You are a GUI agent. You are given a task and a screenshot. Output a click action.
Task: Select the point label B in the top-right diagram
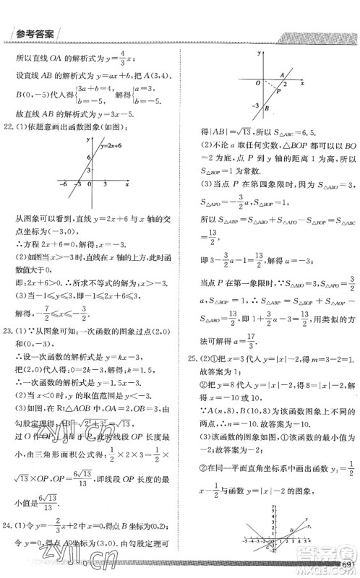[x=267, y=109]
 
